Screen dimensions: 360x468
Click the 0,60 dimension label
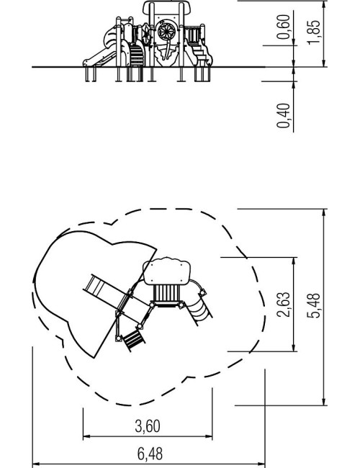tap(283, 27)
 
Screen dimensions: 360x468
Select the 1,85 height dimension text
tap(314, 32)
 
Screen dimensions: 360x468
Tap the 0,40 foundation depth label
tap(283, 115)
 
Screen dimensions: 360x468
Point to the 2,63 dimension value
tap(283, 305)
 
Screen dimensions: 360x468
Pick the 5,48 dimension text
tap(314, 306)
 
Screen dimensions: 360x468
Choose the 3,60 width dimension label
tap(148, 426)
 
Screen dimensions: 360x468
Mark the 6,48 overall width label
tap(150, 454)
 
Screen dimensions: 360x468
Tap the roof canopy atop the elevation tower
tap(167, 8)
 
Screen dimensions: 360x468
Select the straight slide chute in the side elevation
tap(99, 58)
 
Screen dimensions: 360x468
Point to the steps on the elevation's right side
tap(201, 55)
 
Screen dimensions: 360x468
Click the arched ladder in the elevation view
tap(136, 54)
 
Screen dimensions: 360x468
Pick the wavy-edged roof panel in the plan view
tap(166, 272)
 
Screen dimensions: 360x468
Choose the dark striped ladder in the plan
tap(134, 341)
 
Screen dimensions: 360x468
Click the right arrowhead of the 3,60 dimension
tap(209, 436)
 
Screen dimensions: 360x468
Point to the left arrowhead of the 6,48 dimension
tap(36, 464)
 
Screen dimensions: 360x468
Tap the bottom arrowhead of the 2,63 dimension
tap(294, 348)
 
